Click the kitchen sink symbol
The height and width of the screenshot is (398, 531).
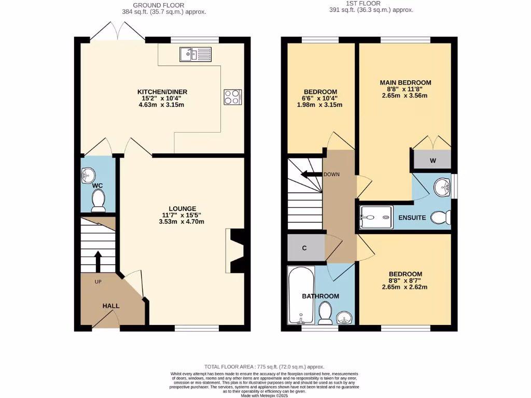point(194,53)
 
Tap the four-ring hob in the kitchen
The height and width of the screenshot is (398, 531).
point(232,97)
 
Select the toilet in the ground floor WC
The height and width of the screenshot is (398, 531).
point(97,200)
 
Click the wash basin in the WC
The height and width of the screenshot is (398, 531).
point(87,176)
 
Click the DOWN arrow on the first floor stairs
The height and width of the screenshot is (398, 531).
point(311,174)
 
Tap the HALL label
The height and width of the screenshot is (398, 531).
point(110,306)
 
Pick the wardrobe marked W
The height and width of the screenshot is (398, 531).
point(432,160)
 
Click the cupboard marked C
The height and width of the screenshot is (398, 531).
point(305,248)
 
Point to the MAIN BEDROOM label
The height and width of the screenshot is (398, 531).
point(405,82)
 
